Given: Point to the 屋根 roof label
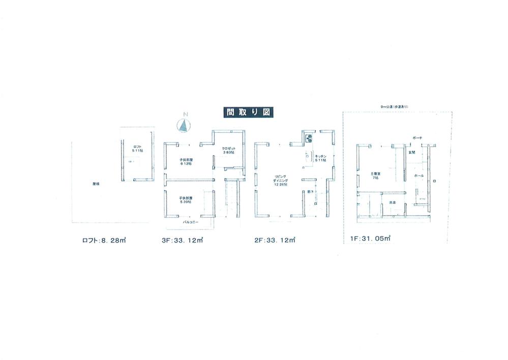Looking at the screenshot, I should click(96, 183).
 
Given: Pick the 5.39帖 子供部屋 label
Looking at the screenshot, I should click(186, 200).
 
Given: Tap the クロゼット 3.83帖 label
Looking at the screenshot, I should click(228, 151).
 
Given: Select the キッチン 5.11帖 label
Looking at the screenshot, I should click(321, 158).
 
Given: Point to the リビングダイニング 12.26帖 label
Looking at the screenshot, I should click(280, 181).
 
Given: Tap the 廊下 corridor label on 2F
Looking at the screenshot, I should click(311, 192).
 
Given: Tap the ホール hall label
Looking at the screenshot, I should click(418, 175).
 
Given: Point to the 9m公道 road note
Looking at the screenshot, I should click(395, 106).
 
